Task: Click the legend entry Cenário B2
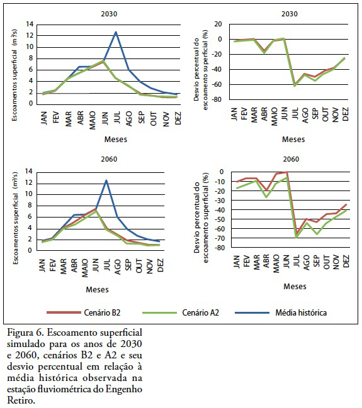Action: coord(84,312)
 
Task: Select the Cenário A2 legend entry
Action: coord(181,312)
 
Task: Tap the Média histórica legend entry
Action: coord(281,312)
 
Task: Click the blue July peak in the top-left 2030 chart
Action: coord(116,32)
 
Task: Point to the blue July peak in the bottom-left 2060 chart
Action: coord(106,180)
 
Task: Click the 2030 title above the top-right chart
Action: coord(290,14)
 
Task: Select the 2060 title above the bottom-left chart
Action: coord(109,159)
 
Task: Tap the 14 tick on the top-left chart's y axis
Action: coord(30,24)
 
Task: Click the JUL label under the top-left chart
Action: coord(116,118)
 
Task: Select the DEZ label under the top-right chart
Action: coord(345,114)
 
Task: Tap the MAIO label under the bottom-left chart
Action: coord(85,268)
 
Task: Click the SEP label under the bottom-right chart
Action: coord(316,261)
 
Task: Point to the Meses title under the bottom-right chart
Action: coord(295,287)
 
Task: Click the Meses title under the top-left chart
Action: coord(116,139)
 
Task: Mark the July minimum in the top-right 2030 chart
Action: coord(295,85)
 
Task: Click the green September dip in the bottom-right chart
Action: coord(317,234)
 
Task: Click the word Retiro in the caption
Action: coord(21,400)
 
